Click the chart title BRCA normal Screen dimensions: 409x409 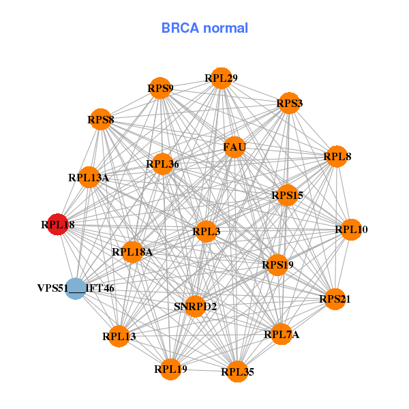coord(204,28)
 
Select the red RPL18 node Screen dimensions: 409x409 coord(57,224)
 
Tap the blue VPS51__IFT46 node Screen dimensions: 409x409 coord(75,288)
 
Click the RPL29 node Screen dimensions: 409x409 coord(220,78)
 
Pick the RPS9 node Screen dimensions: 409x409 coord(160,88)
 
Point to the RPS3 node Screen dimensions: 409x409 coord(289,104)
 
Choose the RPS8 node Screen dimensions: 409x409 coord(101,120)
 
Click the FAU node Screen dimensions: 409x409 coord(234,147)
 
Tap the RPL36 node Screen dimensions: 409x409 coord(162,164)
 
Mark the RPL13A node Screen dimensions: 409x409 coord(89,177)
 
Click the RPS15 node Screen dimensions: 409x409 coord(287,196)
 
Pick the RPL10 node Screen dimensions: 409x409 coord(351,230)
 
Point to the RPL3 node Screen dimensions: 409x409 coord(206,232)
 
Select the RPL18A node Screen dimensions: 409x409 coord(132,252)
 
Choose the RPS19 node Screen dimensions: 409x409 coord(277,264)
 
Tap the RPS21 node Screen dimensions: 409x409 coord(335,299)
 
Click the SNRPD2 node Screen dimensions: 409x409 coord(195,306)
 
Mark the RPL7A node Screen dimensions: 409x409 coord(281,334)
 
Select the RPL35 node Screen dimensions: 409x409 coord(237,372)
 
